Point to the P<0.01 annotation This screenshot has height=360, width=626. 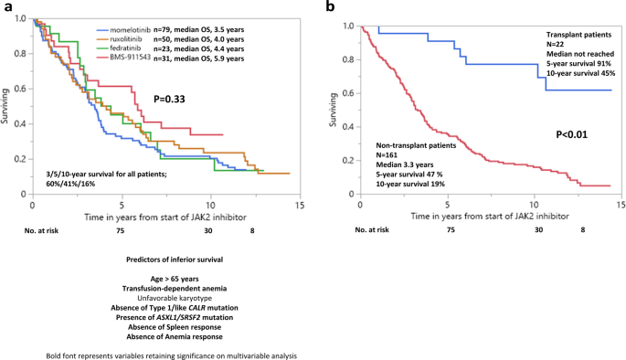coord(573,134)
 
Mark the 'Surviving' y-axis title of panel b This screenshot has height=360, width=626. coord(336,109)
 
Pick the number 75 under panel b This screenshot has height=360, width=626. coord(450,232)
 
